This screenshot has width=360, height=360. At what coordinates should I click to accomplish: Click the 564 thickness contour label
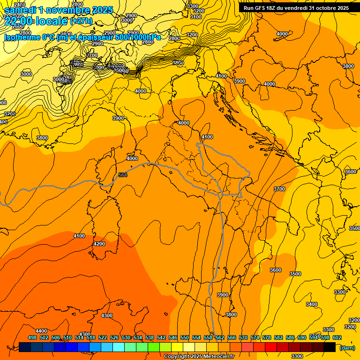point(123,175)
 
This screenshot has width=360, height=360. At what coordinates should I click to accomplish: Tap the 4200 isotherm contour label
point(99,244)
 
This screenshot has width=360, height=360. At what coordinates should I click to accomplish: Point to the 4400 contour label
point(41,331)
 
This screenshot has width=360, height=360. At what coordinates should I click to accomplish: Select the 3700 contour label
point(279,189)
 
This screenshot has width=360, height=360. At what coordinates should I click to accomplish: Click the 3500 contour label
point(295,274)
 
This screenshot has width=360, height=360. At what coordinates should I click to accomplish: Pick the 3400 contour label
point(312,304)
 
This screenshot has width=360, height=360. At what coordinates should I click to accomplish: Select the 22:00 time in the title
point(19,21)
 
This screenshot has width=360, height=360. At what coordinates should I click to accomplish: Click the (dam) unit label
point(347,347)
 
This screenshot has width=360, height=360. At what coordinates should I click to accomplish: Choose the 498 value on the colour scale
point(32,337)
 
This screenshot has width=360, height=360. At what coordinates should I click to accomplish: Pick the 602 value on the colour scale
point(337,337)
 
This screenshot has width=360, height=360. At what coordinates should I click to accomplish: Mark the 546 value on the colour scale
point(173,337)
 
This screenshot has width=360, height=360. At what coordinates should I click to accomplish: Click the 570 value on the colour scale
point(243,337)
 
